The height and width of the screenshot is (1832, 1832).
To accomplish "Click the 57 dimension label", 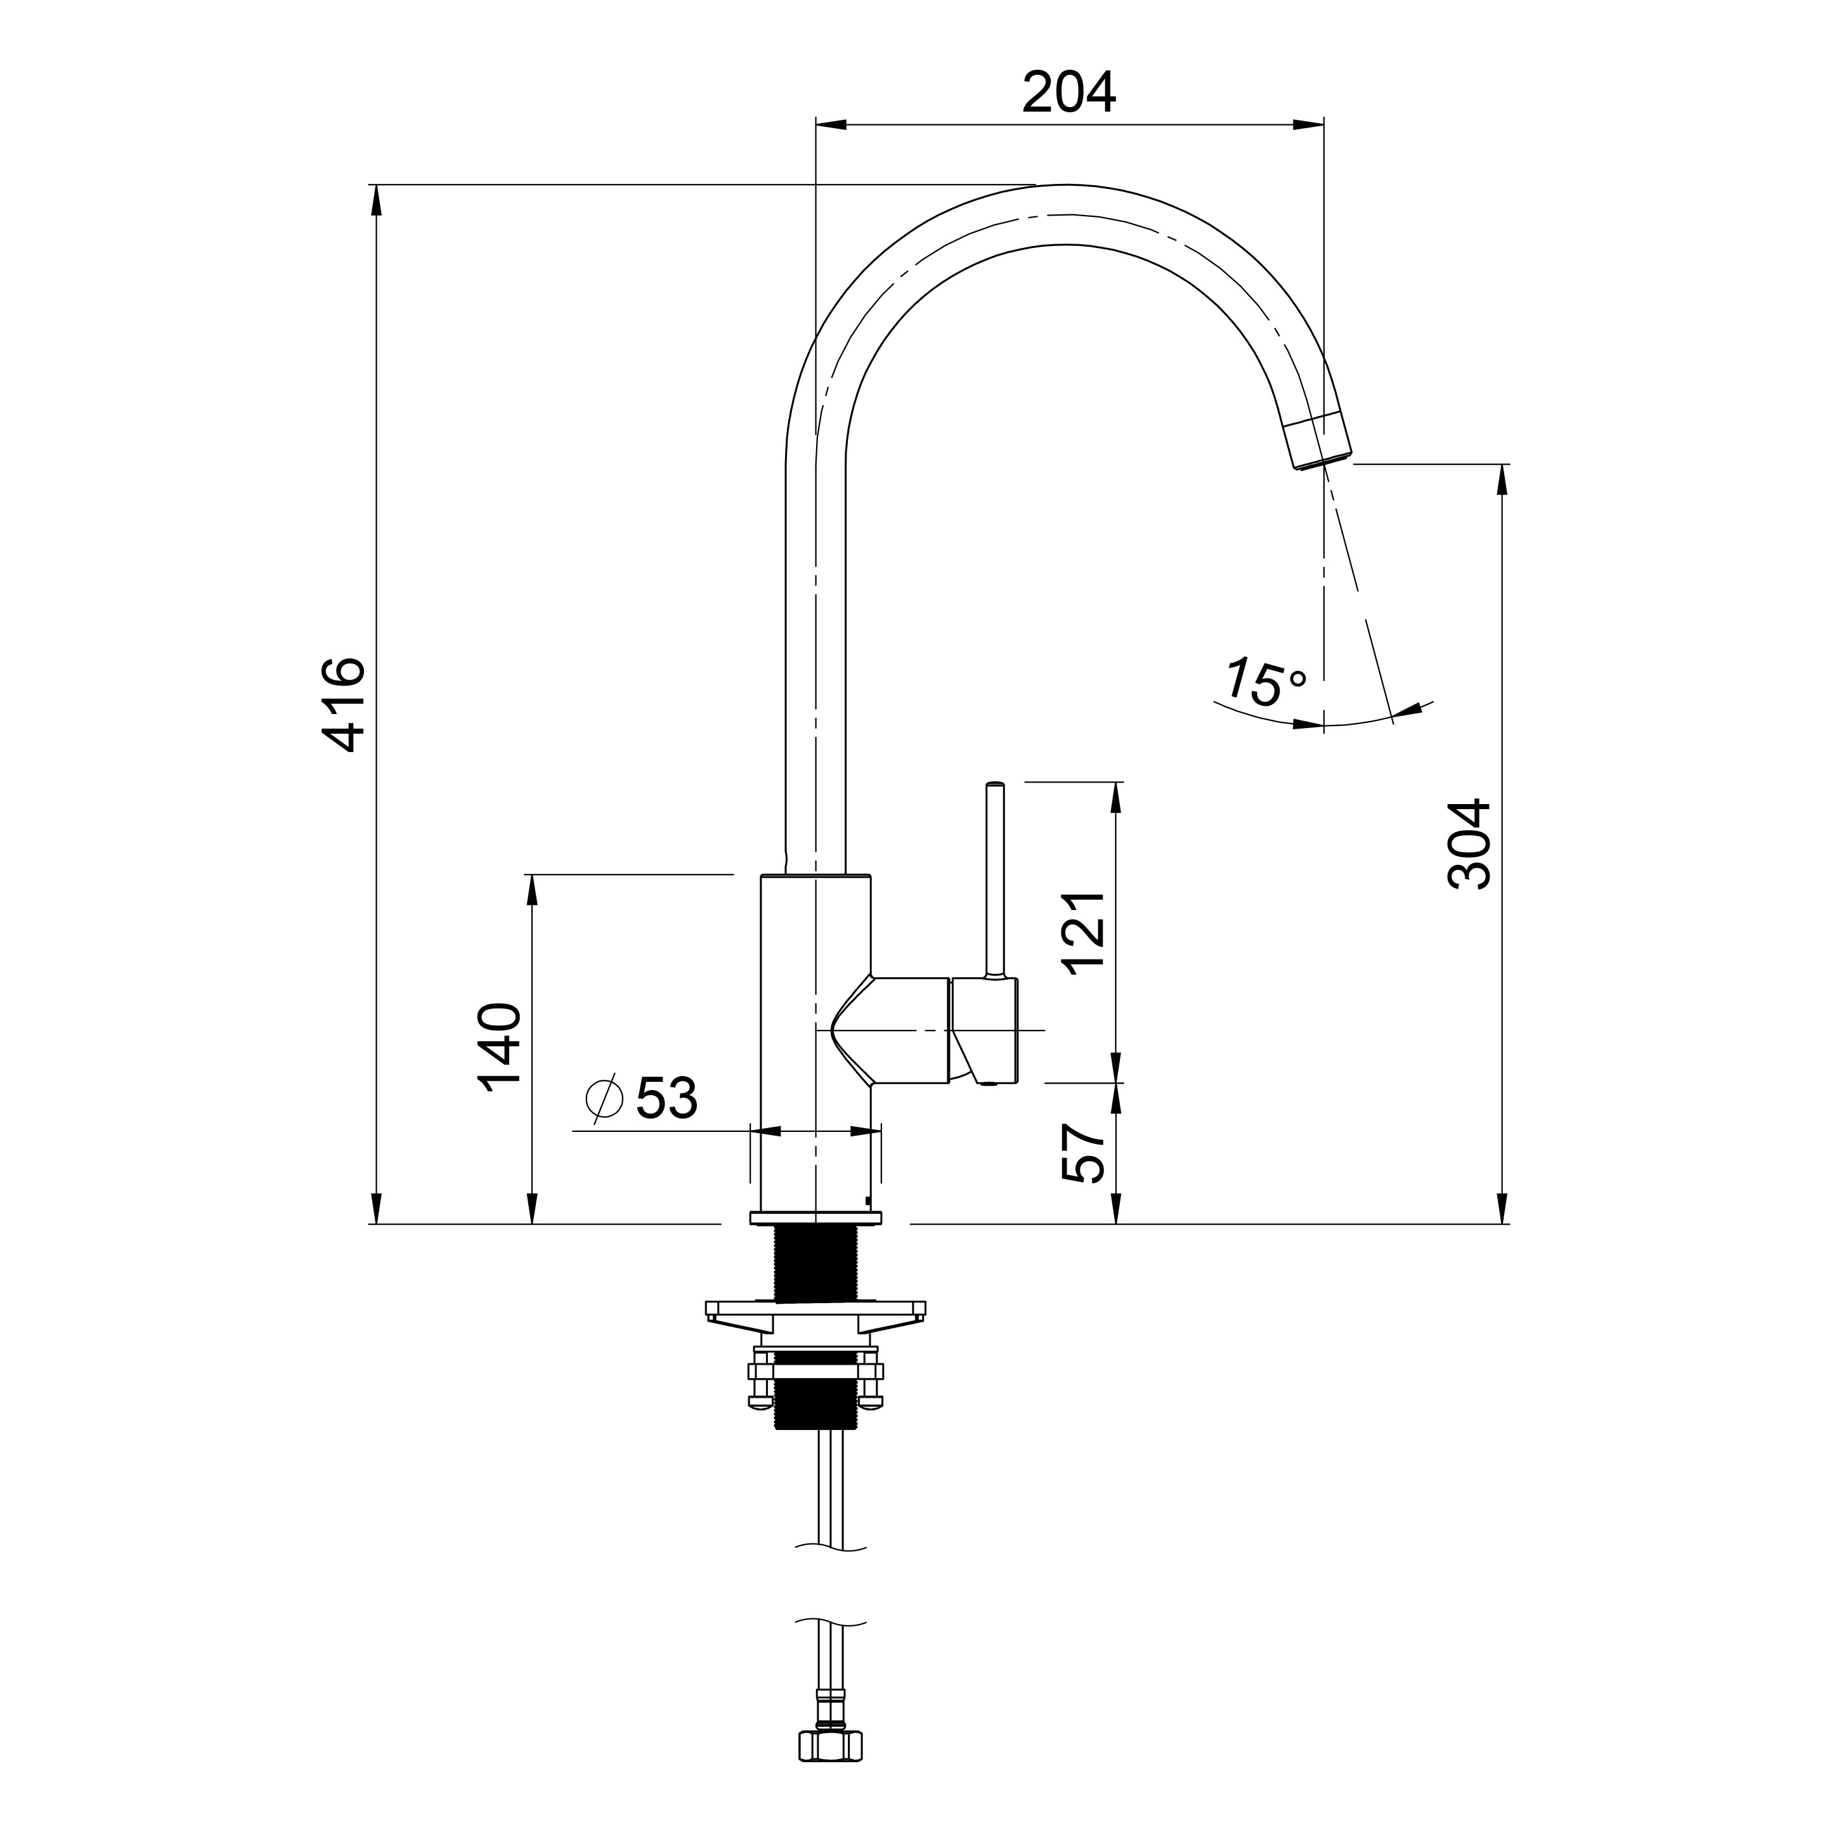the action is click(x=1083, y=1152).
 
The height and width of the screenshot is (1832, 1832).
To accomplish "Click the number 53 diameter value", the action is click(x=666, y=1098).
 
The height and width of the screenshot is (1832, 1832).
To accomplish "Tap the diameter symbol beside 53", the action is click(x=604, y=1098).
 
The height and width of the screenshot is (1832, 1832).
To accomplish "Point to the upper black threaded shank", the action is click(x=815, y=1263).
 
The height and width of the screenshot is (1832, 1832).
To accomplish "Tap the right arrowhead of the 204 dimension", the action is click(x=1309, y=124).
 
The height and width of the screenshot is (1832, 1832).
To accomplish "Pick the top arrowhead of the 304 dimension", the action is click(x=1502, y=480).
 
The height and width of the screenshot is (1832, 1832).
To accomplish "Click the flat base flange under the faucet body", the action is click(x=815, y=1218).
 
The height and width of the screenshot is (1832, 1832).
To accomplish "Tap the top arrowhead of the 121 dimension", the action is click(x=1116, y=798).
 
